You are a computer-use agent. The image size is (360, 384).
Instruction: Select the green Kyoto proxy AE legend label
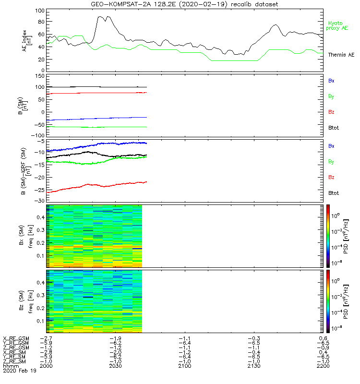coord(337,25)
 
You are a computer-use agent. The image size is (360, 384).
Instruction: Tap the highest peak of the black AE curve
coord(99,16)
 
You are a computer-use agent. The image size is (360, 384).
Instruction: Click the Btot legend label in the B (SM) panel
coord(334,128)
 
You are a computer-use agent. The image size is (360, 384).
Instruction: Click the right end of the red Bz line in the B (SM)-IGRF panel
coord(146,181)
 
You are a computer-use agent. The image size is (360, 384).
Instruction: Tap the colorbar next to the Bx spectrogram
coord(328,236)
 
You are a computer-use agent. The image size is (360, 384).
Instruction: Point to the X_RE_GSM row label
coord(15,338)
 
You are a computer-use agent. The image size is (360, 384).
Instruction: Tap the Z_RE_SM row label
coord(15,361)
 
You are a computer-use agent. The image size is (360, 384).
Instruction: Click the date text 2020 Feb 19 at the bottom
coord(19,371)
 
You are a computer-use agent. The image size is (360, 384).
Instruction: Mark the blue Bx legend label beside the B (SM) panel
coord(331,81)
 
